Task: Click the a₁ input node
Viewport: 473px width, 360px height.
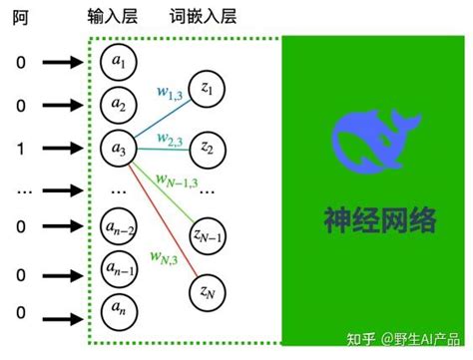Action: point(120,63)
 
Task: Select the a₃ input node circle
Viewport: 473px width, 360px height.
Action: point(120,150)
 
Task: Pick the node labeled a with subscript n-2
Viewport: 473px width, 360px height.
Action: point(120,228)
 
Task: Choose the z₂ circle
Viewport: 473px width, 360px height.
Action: point(208,149)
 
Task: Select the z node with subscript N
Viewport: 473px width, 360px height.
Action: point(208,291)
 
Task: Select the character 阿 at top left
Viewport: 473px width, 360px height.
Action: point(21,17)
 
